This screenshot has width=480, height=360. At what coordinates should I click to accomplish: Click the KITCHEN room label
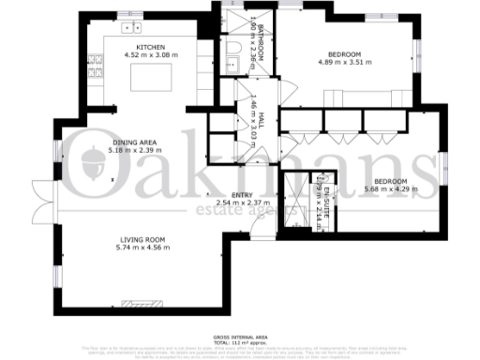pos(151,47)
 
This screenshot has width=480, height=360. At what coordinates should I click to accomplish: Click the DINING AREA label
pos(132,141)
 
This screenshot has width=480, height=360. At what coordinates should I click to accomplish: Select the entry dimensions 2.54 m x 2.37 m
pos(243,202)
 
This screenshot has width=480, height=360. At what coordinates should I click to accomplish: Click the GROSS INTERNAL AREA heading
pos(241,335)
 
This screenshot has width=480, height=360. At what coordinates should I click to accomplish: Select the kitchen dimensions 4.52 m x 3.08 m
pos(151,55)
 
